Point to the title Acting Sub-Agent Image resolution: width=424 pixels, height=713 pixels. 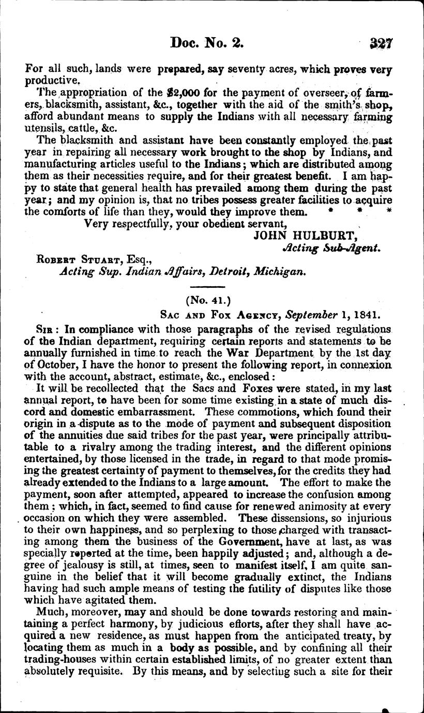(331, 248)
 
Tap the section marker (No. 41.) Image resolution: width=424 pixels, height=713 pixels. (208, 300)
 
